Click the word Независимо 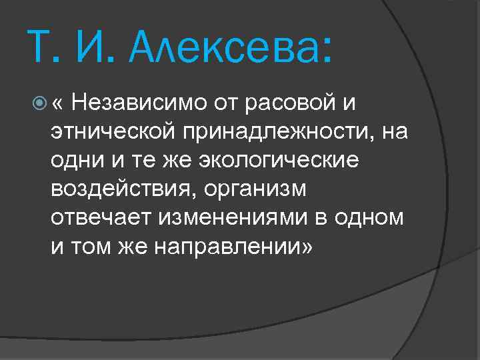[139, 103]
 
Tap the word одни [73, 161]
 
